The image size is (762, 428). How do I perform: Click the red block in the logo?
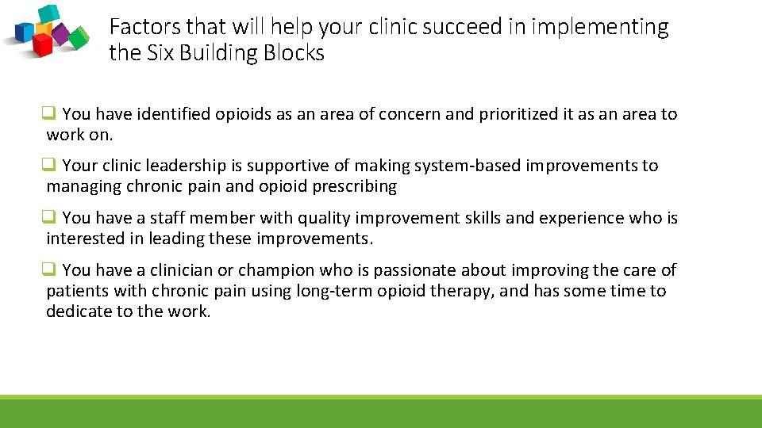(41, 44)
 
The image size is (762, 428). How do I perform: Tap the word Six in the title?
(156, 53)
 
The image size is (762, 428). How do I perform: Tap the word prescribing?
(357, 187)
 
